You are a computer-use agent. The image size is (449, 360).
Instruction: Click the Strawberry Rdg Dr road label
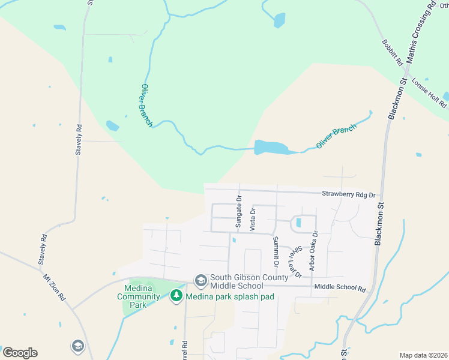[x=348, y=195]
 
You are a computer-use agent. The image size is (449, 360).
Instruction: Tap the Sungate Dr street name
[x=238, y=211]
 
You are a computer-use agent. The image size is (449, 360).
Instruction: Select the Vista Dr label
[x=253, y=219]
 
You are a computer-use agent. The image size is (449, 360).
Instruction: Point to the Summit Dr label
[x=276, y=251]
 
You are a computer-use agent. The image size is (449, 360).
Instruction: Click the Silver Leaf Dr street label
[x=294, y=261]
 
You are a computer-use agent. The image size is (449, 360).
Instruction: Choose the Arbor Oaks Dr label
[x=312, y=250]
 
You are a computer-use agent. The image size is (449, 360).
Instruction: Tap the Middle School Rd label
[x=340, y=289]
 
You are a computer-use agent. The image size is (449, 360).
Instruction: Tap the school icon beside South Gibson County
[x=200, y=280]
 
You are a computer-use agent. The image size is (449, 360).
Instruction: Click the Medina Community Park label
[x=139, y=293]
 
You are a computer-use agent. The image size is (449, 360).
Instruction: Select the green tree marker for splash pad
[x=176, y=296]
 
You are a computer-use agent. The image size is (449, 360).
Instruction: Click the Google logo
[x=20, y=353]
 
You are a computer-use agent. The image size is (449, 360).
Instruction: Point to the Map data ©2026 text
[x=423, y=355]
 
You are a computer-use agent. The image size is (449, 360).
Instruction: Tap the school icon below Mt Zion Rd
[x=77, y=346]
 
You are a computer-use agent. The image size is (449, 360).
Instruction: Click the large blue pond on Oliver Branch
[x=268, y=147]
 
